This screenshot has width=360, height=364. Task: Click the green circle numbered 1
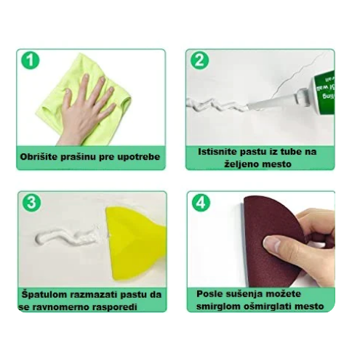[30, 60]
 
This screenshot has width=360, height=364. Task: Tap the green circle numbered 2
[199, 60]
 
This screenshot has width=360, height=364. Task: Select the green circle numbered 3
[32, 203]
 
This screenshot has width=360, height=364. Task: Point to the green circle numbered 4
[201, 203]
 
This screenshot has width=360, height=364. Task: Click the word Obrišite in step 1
[39, 157]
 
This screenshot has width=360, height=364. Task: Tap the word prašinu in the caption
[78, 157]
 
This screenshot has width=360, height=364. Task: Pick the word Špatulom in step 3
[44, 295]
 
